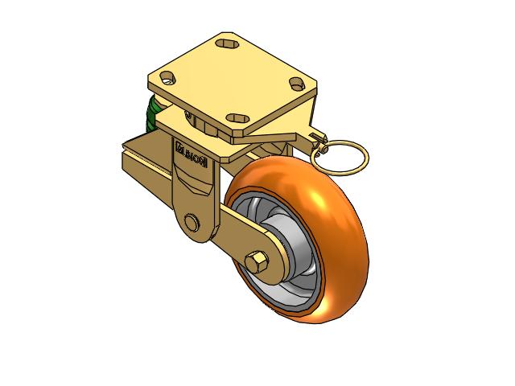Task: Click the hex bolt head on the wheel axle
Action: [x=260, y=262]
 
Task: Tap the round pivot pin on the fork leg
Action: [x=192, y=221]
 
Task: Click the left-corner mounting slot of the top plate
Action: [x=168, y=79]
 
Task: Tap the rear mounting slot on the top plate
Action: [x=225, y=44]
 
